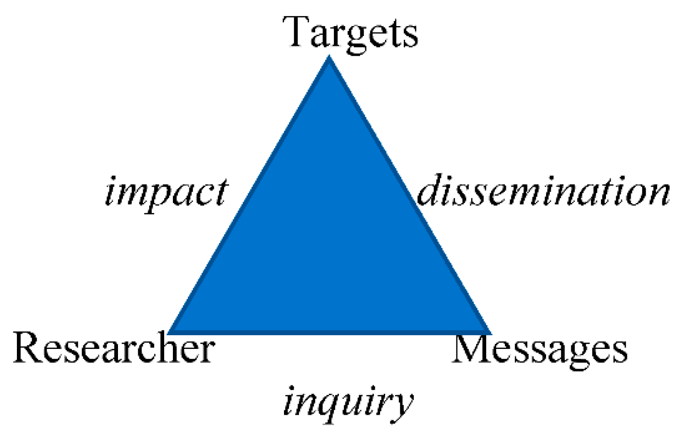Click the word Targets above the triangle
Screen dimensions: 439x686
tap(350, 32)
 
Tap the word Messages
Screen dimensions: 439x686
tap(540, 350)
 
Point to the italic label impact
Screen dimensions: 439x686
tap(166, 191)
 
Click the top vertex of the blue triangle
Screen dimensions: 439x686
tap(329, 58)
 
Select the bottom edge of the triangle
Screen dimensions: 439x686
tap(329, 332)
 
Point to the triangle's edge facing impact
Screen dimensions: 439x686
tap(250, 194)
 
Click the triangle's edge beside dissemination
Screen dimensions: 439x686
tap(408, 194)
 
